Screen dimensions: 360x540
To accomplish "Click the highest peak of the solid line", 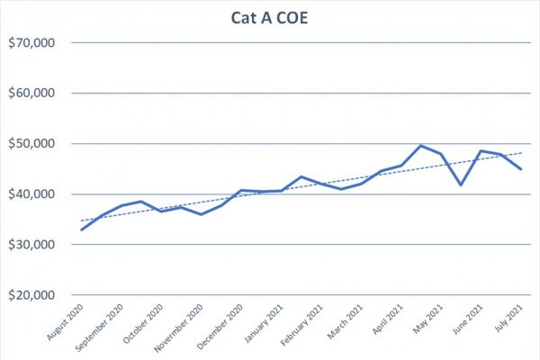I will (421, 145).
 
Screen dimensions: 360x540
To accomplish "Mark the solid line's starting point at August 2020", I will (82, 229).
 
